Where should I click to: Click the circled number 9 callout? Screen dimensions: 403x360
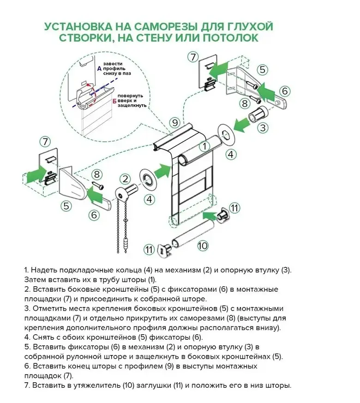click(174, 122)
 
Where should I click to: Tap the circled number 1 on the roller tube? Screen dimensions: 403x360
click(202, 147)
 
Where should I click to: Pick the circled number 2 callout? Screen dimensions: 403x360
click(125, 179)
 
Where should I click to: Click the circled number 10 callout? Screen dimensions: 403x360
click(203, 246)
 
